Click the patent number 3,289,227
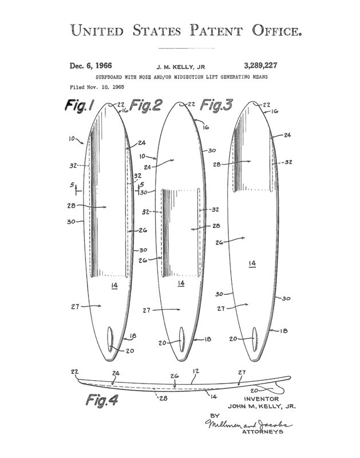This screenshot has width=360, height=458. (260, 66)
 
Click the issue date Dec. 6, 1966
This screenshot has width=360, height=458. (90, 66)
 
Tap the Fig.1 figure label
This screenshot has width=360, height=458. (80, 105)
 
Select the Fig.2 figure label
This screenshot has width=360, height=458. (145, 105)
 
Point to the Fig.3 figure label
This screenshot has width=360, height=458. (216, 105)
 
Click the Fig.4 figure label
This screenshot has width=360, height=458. (102, 400)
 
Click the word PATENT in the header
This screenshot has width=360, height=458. (216, 30)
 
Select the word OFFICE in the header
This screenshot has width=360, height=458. (276, 30)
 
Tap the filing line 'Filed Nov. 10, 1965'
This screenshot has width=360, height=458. (97, 87)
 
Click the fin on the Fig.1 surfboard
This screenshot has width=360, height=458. (110, 339)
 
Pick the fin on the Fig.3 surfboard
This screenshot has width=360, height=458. (255, 339)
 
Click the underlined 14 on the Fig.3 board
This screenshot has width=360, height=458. (252, 264)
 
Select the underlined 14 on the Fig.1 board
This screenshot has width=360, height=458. (114, 286)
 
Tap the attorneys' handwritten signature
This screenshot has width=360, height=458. (249, 424)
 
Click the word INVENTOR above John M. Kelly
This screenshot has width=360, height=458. (262, 398)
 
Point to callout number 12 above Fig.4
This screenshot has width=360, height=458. (196, 371)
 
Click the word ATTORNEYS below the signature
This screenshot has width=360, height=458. (263, 432)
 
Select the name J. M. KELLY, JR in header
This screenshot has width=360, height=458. (181, 67)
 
